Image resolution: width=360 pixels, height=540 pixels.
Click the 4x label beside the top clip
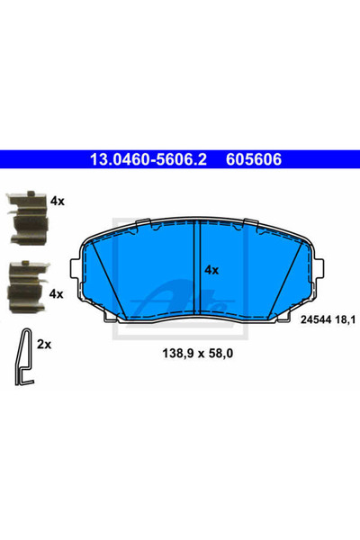pos(58,202)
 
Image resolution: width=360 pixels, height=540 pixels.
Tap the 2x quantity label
pos(46,344)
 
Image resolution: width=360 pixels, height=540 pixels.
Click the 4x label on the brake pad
pos(211,269)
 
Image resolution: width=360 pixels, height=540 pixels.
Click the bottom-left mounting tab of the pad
pos(110,315)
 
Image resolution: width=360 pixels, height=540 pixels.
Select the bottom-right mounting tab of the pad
pos(286,315)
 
